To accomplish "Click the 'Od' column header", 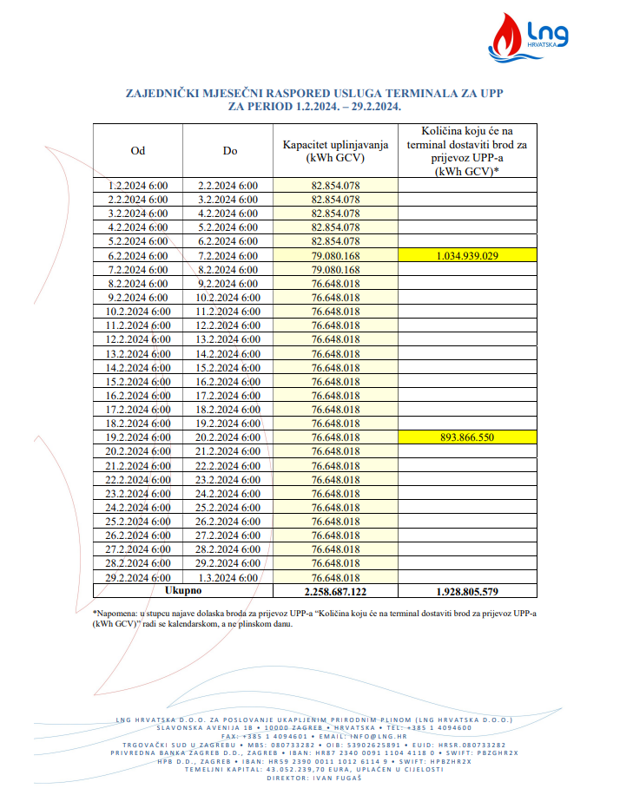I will (137, 150).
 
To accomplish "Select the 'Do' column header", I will (230, 150).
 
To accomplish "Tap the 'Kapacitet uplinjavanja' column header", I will (335, 150).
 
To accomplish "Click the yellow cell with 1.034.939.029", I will (467, 255).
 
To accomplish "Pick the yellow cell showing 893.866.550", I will (467, 437).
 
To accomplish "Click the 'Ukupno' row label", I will (182, 591).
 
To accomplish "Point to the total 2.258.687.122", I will (335, 592).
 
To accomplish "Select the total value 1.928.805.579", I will (467, 592).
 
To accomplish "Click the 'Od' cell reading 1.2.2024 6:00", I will (137, 185).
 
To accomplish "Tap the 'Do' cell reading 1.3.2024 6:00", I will (229, 577).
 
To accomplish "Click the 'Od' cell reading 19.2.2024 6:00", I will (137, 437).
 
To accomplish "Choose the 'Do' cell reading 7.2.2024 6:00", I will (229, 255).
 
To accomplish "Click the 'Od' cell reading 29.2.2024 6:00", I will (137, 577).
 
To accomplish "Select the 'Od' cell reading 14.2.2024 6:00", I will (137, 367).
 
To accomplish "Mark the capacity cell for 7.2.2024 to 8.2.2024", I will (335, 269).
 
